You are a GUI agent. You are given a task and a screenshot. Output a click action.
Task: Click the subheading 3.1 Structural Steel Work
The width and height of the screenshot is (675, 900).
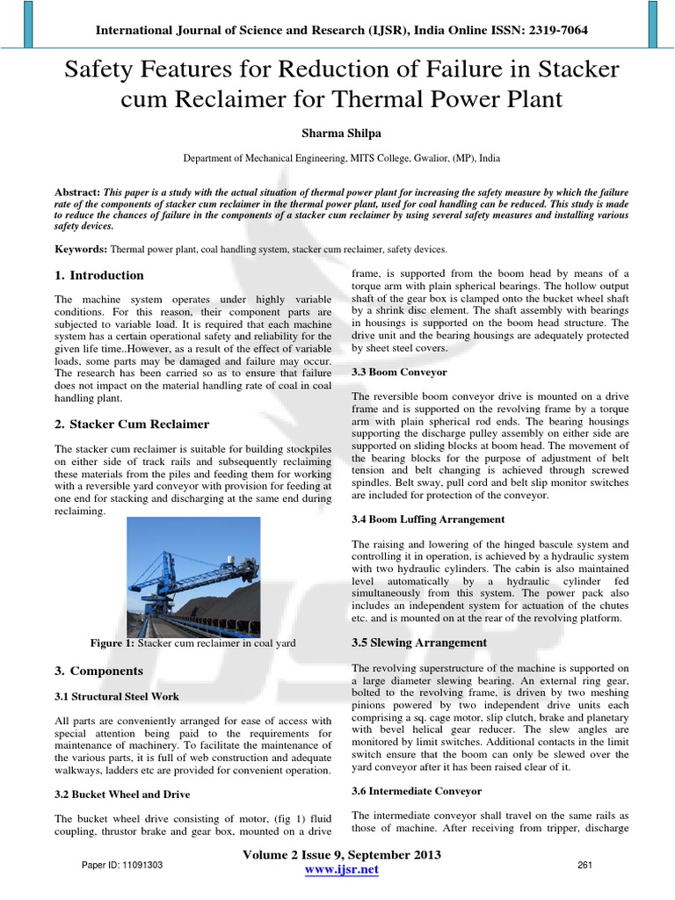117,696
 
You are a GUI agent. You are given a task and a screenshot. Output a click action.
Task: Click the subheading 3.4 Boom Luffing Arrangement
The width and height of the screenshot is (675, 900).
428,519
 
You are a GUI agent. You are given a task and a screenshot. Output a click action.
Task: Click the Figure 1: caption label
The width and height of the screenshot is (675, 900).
113,643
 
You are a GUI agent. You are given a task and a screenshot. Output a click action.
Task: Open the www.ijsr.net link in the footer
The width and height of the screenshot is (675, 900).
341,869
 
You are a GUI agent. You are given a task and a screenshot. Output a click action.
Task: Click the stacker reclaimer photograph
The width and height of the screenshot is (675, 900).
193,577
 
